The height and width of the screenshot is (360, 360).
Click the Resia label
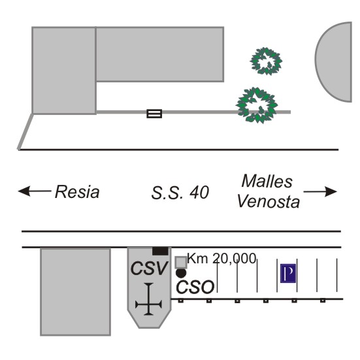[x=77, y=191]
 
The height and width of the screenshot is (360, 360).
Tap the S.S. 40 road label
[x=180, y=192]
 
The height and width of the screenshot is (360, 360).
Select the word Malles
[x=267, y=182]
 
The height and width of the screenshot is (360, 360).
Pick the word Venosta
[x=268, y=202]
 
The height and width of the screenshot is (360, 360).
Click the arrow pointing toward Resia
[x=35, y=191]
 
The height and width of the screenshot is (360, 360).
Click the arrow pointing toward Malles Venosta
[x=320, y=191]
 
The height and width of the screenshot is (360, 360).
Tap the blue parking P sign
[x=288, y=273]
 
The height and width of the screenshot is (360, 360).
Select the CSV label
[x=149, y=268]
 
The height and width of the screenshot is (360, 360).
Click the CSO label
[x=195, y=287]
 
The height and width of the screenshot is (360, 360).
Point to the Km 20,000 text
[x=221, y=258]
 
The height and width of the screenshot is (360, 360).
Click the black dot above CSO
[x=181, y=273]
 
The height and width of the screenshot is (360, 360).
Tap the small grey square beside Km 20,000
[x=181, y=263]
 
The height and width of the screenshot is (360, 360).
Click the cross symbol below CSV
[x=149, y=299]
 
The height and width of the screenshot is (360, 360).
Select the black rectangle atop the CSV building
[x=160, y=251]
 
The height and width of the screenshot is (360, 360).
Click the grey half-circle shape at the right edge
[x=333, y=62]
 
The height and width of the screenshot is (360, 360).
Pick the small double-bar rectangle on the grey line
[x=154, y=114]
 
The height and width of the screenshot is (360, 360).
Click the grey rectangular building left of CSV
[x=76, y=292]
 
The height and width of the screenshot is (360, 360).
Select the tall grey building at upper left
[x=64, y=71]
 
